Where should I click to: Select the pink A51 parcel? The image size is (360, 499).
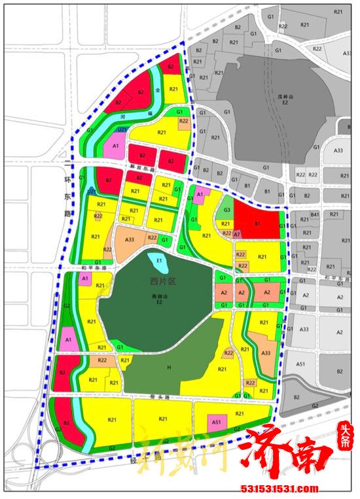pyautogui.click(x=217, y=422)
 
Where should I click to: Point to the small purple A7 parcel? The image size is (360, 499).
pyautogui.click(x=237, y=233)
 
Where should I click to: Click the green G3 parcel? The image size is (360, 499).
pyautogui.click(x=226, y=210)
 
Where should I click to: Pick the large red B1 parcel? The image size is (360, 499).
pyautogui.click(x=257, y=223)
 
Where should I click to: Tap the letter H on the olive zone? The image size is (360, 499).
pyautogui.click(x=168, y=369)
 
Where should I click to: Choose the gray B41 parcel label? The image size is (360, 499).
pyautogui.click(x=315, y=214)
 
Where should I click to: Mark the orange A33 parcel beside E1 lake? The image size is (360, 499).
pyautogui.click(x=132, y=240)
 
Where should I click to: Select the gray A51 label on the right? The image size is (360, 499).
pyautogui.click(x=301, y=364)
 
